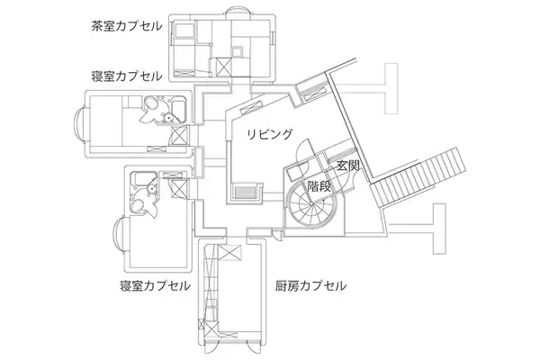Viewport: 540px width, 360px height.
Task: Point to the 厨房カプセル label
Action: point(310,286)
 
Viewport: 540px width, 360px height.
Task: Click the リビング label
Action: point(271,134)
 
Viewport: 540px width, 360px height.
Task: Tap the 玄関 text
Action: point(347,166)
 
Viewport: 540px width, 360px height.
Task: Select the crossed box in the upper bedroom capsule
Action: point(178,136)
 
